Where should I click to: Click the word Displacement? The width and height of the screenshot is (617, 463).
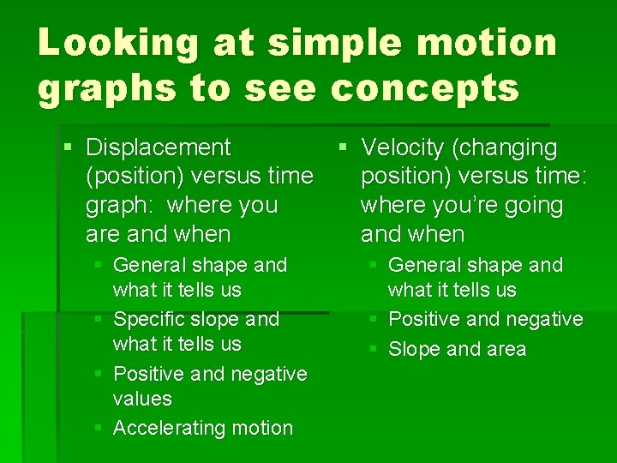pos(159,147)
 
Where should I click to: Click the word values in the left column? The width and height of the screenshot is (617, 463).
pos(142,399)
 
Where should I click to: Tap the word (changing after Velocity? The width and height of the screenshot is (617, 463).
pos(505,148)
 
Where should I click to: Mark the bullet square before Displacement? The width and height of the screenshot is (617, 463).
pos(69,147)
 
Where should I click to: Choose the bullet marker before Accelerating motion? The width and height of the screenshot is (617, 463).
pos(101,428)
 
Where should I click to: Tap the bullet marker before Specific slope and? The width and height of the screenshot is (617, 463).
pos(101,319)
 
